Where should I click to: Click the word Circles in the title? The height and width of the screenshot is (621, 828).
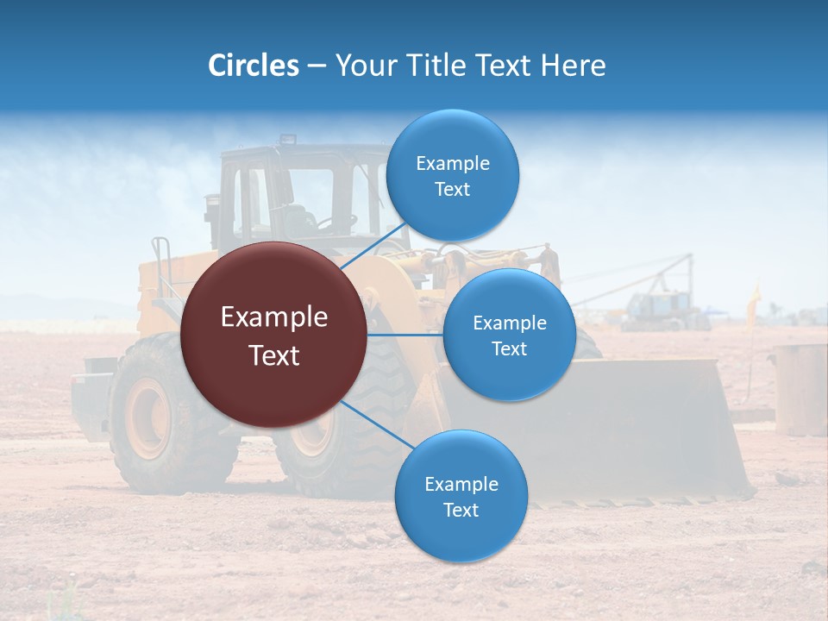[x=254, y=66]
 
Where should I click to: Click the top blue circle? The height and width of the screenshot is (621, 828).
[x=452, y=176]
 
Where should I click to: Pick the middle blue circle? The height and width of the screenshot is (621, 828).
[x=509, y=335]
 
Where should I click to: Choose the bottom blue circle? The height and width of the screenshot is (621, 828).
[x=461, y=497]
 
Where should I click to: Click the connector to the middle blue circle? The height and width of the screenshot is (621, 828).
[x=405, y=335]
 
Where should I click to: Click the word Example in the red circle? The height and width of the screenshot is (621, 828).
[x=274, y=317]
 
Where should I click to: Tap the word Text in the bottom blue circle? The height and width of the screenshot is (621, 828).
[x=461, y=510]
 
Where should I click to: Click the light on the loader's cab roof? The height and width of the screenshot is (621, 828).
[x=286, y=139]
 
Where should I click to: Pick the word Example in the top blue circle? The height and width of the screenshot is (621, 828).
[x=452, y=164]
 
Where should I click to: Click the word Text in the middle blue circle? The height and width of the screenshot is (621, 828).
[x=509, y=348]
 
